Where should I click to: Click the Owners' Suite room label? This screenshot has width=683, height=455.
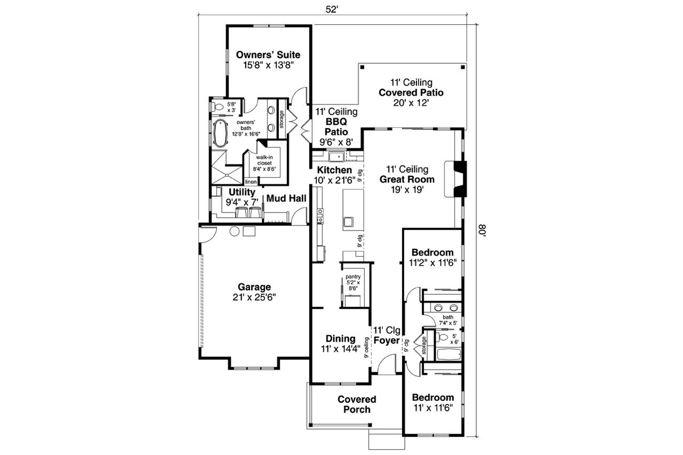268,55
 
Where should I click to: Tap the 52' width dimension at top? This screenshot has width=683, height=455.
332,9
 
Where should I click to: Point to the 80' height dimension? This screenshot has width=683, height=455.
483,230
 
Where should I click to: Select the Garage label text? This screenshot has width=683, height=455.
254,287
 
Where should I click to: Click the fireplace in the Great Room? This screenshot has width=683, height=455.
458,179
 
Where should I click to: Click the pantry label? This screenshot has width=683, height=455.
354,277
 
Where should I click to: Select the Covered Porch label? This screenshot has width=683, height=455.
357,404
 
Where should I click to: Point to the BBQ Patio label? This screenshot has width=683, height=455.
336,126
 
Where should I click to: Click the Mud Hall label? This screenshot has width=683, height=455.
286,198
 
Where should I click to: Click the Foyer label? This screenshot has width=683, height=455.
387,341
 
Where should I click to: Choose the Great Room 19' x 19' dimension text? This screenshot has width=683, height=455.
407,190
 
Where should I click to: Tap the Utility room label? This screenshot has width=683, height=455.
242,192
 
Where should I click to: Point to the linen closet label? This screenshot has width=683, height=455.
250,182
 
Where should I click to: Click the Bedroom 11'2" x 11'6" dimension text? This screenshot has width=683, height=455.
432,262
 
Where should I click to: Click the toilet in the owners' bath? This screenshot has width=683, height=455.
218,107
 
